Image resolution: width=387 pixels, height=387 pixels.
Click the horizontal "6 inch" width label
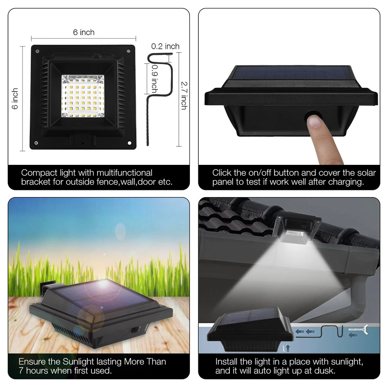pyautogui.click(x=84, y=32)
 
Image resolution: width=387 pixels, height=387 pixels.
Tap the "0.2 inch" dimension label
pyautogui.click(x=165, y=46)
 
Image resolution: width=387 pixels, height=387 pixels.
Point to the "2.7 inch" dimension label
pyautogui.click(x=183, y=96)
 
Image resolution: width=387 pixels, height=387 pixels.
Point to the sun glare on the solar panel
pyautogui.click(x=104, y=284)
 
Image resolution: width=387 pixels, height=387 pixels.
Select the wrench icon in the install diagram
pyautogui.click(x=358, y=332)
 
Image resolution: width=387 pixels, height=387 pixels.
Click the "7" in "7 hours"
pyautogui.click(x=21, y=370)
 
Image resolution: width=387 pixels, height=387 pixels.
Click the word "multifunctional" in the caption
pyautogui.click(x=125, y=173)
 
